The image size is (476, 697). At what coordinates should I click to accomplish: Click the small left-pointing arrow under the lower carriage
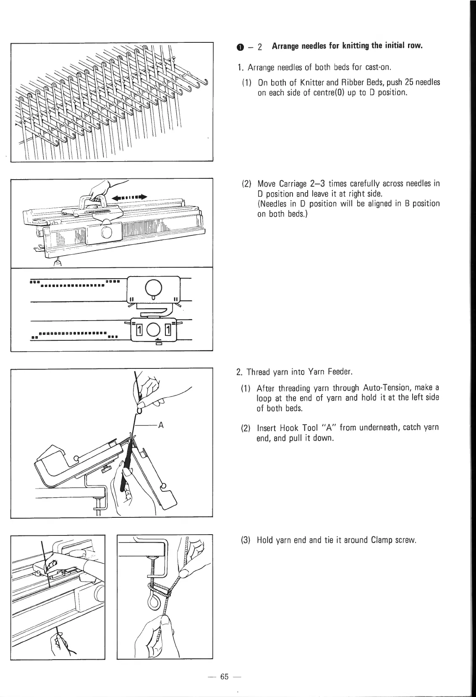click(x=158, y=339)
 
